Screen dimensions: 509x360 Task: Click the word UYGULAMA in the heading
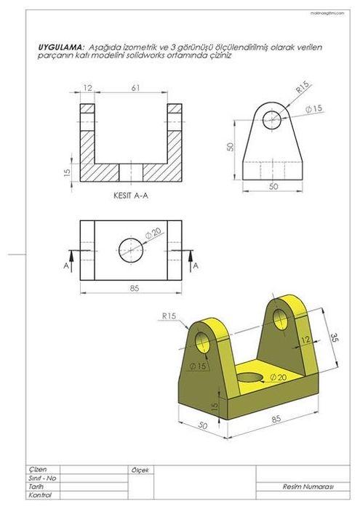pos(60,47)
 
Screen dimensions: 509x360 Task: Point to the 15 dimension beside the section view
pos(68,172)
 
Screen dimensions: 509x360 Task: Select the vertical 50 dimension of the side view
pos(229,147)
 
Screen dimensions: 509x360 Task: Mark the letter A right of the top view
pos(196,267)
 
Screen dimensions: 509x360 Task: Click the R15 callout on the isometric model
pos(170,316)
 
